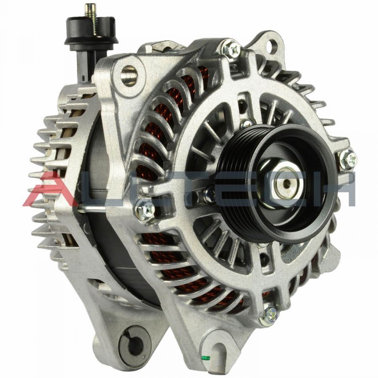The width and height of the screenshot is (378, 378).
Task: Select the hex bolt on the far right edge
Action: point(348,159)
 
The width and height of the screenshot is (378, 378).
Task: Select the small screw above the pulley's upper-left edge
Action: point(246,123)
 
